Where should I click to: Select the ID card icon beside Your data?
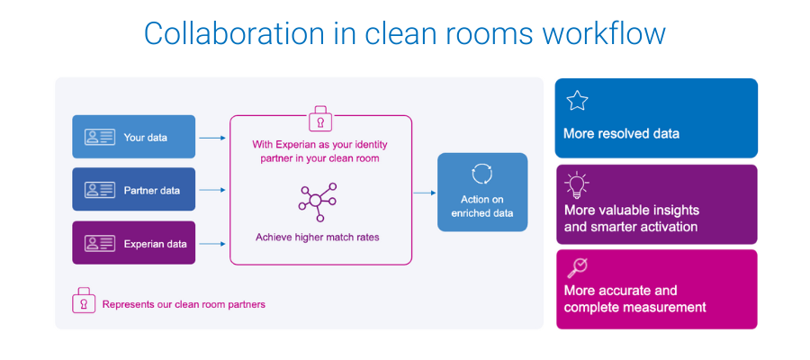click(100, 138)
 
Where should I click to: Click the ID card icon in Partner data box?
click(100, 190)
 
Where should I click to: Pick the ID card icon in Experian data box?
click(100, 243)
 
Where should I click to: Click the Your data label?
click(146, 138)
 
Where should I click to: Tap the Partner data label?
click(152, 190)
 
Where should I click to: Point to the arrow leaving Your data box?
click(211, 138)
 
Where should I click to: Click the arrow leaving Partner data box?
click(211, 190)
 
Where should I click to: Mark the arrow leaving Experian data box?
click(211, 243)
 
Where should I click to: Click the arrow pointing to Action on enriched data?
click(424, 192)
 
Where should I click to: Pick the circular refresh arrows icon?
click(481, 174)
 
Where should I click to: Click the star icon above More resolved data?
click(577, 101)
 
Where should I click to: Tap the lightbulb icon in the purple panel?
click(576, 185)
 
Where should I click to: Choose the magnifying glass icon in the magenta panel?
click(576, 268)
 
